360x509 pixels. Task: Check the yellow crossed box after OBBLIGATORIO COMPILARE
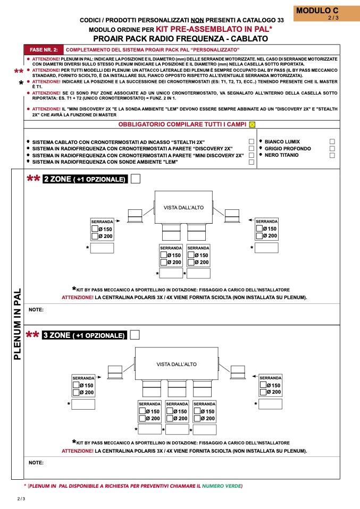point(252,124)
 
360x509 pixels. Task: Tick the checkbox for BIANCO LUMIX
point(332,142)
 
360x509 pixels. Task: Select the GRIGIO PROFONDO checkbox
point(332,149)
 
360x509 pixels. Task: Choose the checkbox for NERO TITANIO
point(332,156)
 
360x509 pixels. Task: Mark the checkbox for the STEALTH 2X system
point(251,142)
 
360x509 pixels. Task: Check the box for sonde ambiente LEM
point(251,162)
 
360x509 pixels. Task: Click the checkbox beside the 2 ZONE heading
point(136,179)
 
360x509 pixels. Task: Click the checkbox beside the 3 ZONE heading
point(135,335)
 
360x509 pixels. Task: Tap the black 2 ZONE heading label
point(85,179)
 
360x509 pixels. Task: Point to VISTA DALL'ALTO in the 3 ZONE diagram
point(177,364)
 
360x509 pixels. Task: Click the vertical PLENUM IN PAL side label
point(17,324)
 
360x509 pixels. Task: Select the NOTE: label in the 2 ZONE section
point(36,309)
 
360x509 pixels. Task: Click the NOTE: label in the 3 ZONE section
point(36,462)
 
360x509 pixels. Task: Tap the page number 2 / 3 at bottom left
point(21,499)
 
